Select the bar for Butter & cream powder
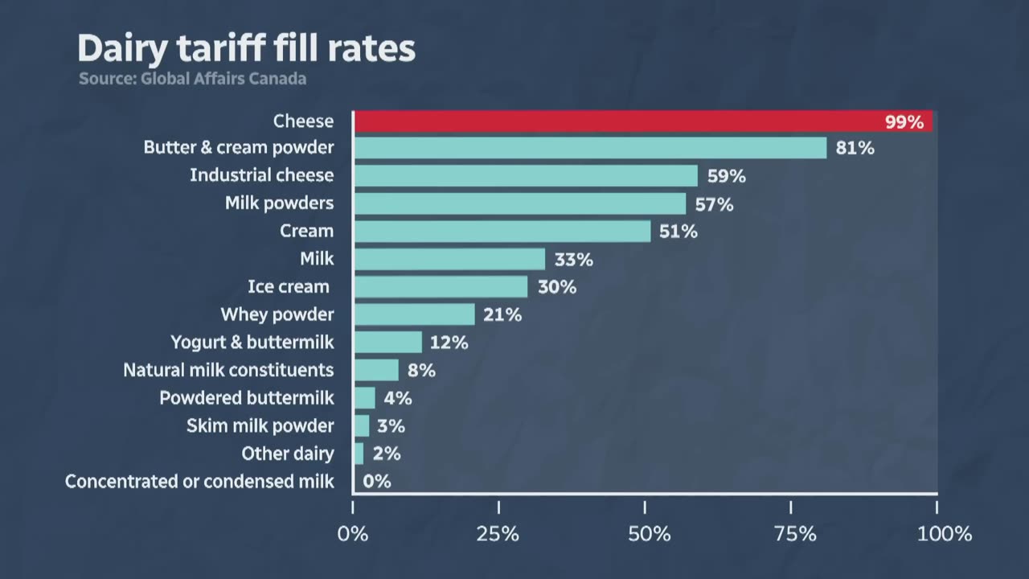(590, 148)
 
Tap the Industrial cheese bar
(526, 176)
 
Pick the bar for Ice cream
(441, 287)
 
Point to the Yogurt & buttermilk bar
(387, 343)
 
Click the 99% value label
(904, 122)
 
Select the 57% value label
(714, 204)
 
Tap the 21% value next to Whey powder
(502, 315)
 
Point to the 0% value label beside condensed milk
(376, 482)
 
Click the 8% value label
(421, 371)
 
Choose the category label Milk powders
(279, 203)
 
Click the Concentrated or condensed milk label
(199, 482)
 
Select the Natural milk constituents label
(228, 371)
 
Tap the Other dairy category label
(288, 454)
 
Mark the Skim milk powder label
(260, 426)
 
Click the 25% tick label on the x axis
(498, 534)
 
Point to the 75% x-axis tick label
(791, 534)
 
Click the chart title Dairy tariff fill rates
(246, 50)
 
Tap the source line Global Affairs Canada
(192, 79)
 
